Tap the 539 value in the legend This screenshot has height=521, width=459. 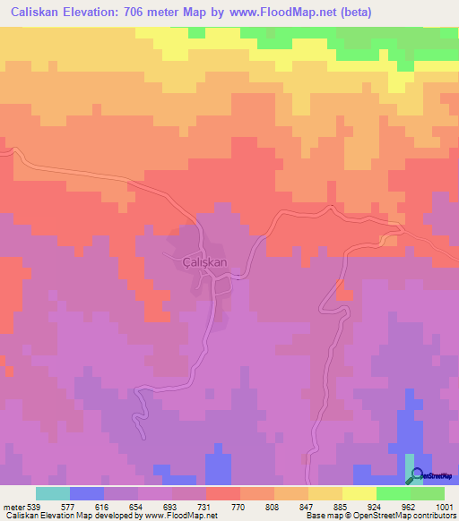pos(35,507)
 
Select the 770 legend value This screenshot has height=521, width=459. pos(239,507)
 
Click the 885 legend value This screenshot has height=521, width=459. pos(342,507)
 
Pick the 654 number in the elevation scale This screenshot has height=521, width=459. pos(137,507)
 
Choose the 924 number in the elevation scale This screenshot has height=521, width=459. pos(376,507)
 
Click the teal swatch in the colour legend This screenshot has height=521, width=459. pos(52,493)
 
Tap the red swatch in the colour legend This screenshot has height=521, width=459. pos(222,493)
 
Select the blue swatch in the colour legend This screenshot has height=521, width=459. pos(86,493)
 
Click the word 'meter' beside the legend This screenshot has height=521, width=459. pos(13,507)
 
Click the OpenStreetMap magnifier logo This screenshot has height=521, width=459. pos(411,474)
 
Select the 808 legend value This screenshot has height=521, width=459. pos(273,507)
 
